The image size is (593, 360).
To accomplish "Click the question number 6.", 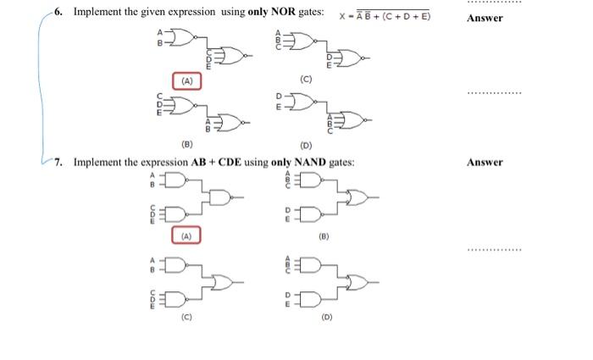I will click(x=56, y=14).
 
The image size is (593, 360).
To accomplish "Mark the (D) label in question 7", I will click(x=325, y=318).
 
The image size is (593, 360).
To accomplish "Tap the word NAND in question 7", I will click(x=309, y=162).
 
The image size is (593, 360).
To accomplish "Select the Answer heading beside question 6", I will click(x=485, y=18).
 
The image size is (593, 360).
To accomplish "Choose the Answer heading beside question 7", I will click(x=485, y=162).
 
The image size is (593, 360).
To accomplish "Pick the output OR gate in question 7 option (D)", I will click(x=357, y=282).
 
